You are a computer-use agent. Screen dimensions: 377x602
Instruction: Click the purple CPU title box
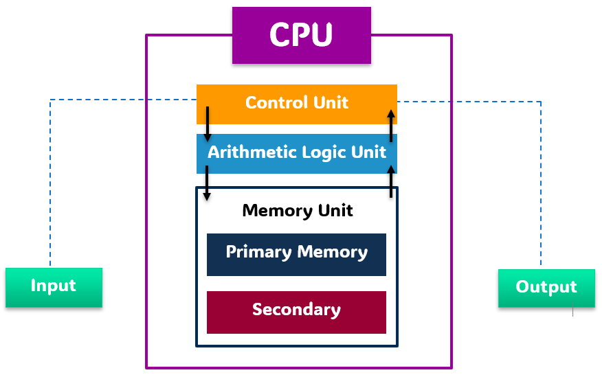tap(301, 35)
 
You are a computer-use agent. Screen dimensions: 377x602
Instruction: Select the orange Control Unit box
tap(296, 103)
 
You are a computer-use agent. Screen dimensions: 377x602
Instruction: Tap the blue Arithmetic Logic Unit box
tap(296, 152)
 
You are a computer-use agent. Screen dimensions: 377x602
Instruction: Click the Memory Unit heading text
tap(297, 211)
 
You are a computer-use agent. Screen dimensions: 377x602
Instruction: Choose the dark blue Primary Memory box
tap(296, 253)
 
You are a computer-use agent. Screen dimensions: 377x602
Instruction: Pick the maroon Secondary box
tap(296, 311)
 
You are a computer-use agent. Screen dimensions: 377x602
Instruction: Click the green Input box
tap(54, 287)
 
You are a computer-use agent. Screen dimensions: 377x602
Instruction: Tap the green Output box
tap(546, 287)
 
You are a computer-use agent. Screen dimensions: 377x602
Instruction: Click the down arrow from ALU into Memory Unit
tap(207, 183)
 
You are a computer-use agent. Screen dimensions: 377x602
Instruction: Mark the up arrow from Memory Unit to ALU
tap(391, 181)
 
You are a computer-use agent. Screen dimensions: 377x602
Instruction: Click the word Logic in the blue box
tap(326, 152)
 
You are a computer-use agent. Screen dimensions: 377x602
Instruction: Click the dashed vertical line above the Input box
tap(50, 185)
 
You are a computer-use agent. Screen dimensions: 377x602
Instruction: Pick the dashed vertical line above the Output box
tap(541, 185)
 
